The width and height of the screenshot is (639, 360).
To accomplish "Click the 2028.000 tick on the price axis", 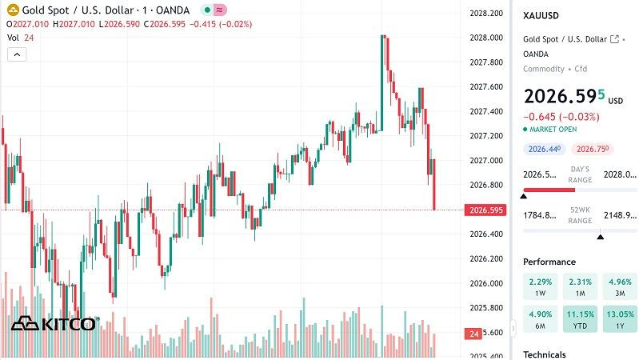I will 486,38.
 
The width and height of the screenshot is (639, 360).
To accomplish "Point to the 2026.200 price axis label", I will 486,258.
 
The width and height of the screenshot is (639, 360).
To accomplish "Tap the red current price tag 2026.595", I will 485,210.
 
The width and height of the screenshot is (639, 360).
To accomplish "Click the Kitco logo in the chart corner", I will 54,324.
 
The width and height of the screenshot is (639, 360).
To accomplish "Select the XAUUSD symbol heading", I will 541,15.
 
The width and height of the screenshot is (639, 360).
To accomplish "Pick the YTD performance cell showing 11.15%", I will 581,320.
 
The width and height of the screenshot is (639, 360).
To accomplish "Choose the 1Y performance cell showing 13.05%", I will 621,320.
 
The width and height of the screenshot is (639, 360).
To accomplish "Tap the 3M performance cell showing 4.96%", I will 621,286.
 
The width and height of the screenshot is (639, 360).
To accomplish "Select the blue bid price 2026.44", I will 544,149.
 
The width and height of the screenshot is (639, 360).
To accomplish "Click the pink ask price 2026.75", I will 593,149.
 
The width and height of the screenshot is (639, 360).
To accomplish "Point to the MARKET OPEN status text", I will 553,129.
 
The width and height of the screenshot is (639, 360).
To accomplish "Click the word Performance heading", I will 549,262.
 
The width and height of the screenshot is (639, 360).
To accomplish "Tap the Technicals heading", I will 544,354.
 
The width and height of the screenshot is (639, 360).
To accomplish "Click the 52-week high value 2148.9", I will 619,214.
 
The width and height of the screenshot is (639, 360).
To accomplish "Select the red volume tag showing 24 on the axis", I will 473,333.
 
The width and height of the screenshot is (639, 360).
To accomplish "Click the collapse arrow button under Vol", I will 17,54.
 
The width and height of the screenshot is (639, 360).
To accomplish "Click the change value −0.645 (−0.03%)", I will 561,116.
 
